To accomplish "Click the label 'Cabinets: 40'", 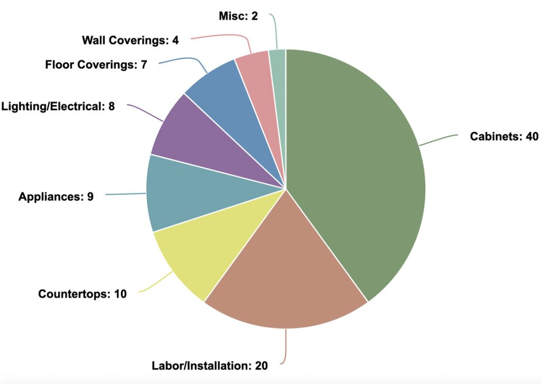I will [x=504, y=137].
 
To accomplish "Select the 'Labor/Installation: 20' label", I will [x=210, y=366].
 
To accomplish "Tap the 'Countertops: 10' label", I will [x=82, y=294].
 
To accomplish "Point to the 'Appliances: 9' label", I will [x=56, y=197].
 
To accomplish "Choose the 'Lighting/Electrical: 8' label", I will [x=58, y=106].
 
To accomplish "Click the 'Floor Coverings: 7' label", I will [x=96, y=65].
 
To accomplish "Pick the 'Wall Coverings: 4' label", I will [x=130, y=40].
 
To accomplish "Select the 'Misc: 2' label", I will [x=238, y=16].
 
